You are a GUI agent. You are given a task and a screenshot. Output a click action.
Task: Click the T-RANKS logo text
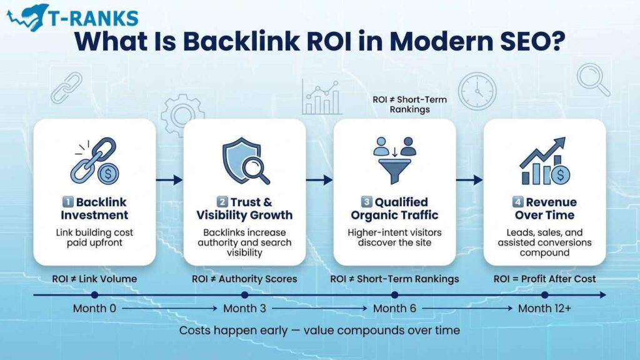pos(94,16)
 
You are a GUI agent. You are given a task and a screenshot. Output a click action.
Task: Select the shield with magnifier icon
pos(244,161)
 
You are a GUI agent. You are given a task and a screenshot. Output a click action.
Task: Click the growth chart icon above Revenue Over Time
pos(544,161)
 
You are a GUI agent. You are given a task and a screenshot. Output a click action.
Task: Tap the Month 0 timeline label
pos(94,308)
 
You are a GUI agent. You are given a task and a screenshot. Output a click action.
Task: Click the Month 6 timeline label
pos(394,308)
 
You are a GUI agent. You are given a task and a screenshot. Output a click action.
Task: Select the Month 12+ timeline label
pos(544,308)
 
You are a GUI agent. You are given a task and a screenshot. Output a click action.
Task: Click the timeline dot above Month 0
pos(94,294)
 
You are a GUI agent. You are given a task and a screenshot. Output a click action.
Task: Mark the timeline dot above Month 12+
pos(544,294)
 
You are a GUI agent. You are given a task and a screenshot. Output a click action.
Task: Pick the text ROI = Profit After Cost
pos(544,279)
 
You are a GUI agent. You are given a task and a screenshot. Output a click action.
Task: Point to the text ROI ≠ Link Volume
pos(94,279)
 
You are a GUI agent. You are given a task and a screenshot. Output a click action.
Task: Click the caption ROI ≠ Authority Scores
pos(244,279)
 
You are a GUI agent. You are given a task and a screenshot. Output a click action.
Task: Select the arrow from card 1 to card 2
pos(169,180)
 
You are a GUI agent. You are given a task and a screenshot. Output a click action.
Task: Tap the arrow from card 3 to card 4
pos(469,180)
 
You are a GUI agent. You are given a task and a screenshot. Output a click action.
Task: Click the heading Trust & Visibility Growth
pos(244,209)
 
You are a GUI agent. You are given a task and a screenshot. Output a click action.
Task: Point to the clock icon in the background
pos(477,91)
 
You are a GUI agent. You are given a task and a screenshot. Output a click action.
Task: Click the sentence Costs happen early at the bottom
pos(319,330)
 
